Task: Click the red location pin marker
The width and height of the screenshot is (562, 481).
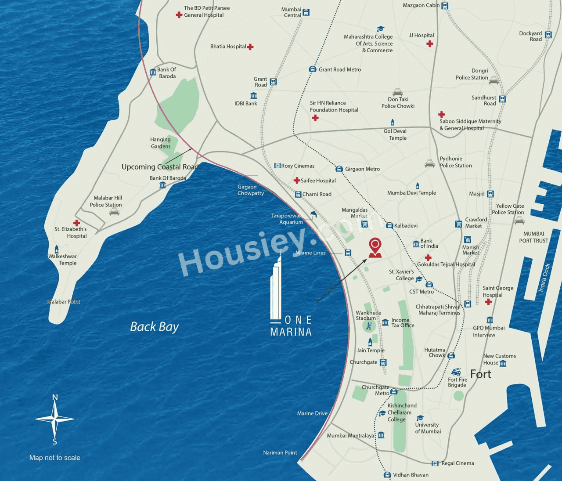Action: click(x=375, y=247)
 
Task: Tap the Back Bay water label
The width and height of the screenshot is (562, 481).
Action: click(x=154, y=327)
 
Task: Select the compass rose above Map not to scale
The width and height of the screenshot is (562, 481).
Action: click(x=55, y=419)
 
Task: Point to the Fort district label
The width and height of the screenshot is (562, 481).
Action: click(x=480, y=374)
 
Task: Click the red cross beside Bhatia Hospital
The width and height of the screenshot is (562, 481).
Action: click(x=250, y=47)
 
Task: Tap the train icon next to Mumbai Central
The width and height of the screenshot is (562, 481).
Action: click(x=306, y=12)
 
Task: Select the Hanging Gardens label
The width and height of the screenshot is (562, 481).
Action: click(x=160, y=143)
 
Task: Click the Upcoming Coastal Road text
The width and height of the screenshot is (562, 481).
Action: click(x=160, y=167)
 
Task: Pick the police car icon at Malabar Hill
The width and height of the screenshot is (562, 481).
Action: click(x=114, y=212)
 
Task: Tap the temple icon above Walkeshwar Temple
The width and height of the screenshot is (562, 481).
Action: click(x=56, y=250)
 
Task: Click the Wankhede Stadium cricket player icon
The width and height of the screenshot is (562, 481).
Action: click(x=369, y=326)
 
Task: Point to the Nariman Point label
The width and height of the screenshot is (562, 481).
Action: click(x=280, y=452)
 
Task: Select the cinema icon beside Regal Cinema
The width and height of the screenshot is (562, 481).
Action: click(x=435, y=463)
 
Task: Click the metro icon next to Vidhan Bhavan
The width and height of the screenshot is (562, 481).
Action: click(x=387, y=475)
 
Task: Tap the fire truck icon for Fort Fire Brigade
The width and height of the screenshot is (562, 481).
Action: click(x=456, y=372)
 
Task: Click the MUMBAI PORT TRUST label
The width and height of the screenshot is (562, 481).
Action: click(x=533, y=237)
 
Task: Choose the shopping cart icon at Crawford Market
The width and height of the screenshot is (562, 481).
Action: click(x=458, y=224)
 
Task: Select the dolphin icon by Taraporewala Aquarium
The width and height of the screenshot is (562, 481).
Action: click(x=313, y=214)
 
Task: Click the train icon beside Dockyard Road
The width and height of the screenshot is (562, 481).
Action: click(x=548, y=35)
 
